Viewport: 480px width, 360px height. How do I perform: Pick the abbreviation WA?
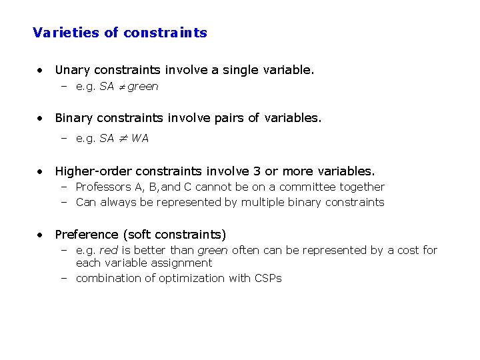coord(140,139)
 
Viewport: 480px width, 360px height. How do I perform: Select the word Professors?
coord(103,187)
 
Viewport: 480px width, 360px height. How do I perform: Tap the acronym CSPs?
coord(268,278)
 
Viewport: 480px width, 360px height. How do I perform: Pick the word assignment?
coord(182,263)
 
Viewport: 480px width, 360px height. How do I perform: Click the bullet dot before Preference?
coord(42,235)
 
